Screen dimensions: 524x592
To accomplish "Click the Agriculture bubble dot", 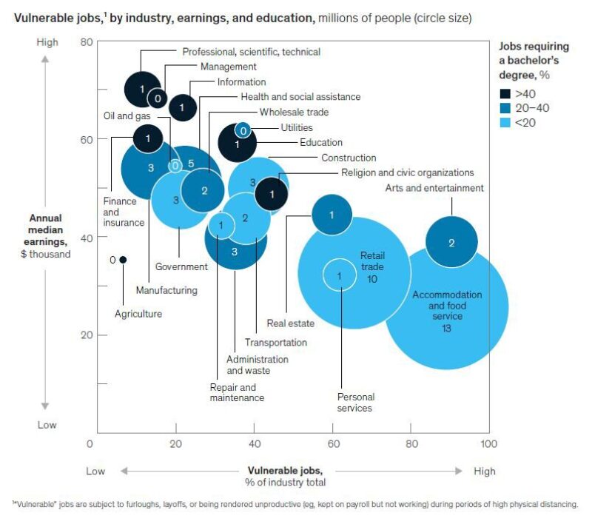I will [x=123, y=260].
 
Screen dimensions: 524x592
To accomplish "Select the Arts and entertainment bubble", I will [x=451, y=242].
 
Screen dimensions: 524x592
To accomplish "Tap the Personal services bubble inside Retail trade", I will [x=340, y=275].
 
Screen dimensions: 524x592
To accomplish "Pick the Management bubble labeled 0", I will [x=158, y=97].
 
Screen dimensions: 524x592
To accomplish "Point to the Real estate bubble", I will [x=332, y=215].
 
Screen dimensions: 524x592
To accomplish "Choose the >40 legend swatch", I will [x=505, y=94].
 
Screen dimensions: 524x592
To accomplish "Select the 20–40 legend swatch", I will [x=505, y=108].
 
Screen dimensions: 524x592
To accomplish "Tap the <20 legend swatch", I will [x=505, y=122].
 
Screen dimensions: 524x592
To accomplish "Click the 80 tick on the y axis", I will [x=87, y=42].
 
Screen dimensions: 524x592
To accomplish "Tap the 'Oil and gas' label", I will [x=128, y=115].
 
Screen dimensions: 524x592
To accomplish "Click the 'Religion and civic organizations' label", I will [x=407, y=172].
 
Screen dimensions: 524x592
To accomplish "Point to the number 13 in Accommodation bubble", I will [x=447, y=328].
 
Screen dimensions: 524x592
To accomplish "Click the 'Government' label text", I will [x=181, y=266].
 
